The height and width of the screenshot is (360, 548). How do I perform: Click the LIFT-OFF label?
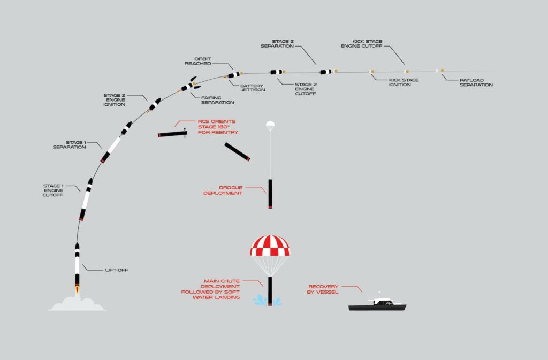[x=117, y=270]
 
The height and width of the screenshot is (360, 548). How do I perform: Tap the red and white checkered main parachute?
[x=270, y=246]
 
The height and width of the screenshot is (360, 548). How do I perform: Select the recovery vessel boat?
[x=377, y=303]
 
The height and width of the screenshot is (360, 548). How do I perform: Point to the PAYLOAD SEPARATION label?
[x=476, y=82]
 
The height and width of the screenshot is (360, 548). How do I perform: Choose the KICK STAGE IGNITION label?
[x=404, y=82]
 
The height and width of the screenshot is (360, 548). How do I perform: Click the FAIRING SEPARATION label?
[x=217, y=100]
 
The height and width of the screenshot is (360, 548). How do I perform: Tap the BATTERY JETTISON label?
[x=253, y=88]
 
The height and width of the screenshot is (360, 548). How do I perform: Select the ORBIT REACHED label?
[x=198, y=62]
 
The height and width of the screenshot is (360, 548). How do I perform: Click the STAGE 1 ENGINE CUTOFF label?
[x=53, y=190]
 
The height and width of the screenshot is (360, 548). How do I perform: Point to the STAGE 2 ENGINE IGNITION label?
[x=115, y=100]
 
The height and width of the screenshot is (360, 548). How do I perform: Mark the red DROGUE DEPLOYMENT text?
[x=223, y=190]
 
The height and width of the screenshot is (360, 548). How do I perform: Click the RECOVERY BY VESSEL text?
[x=323, y=289]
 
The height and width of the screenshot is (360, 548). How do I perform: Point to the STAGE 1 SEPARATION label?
[x=69, y=144]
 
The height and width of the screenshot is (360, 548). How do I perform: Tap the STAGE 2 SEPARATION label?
[x=277, y=44]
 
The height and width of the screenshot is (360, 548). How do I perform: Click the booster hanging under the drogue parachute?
[x=270, y=194]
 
